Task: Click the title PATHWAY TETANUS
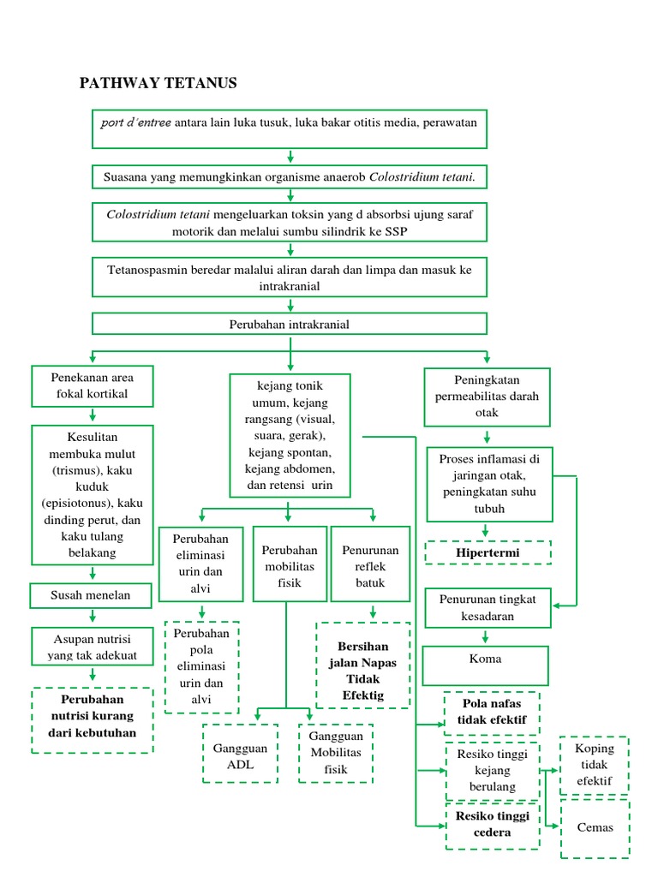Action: click(158, 83)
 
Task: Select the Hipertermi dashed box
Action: click(488, 553)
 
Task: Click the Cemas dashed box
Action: click(595, 828)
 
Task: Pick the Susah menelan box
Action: click(92, 594)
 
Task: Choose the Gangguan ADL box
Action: click(240, 755)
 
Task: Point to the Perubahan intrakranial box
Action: click(290, 325)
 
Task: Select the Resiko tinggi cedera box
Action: click(492, 824)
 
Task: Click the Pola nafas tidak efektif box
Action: click(492, 713)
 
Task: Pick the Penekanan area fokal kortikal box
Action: click(92, 386)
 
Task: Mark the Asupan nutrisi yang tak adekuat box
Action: click(92, 647)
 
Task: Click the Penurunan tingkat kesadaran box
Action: click(487, 608)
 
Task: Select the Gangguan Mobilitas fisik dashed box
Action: click(336, 753)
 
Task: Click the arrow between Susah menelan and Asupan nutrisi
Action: click(92, 617)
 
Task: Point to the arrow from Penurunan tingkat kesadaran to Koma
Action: click(487, 637)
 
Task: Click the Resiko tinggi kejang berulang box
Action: click(492, 771)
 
